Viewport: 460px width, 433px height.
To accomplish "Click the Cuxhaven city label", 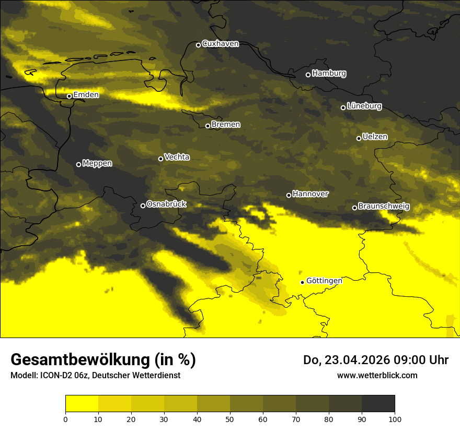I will pos(220,44).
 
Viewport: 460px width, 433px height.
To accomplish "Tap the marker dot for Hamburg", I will pos(308,75).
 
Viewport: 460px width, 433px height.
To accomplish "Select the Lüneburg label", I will pos(364,106).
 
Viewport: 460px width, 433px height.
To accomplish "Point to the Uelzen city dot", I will pos(359,138).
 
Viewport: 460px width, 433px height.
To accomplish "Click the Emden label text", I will pos(86,94).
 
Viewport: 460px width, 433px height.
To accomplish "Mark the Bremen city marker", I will pos(208,126).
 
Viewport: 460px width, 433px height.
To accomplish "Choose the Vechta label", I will pos(177,157).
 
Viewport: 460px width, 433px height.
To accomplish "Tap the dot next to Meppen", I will pos(78,164).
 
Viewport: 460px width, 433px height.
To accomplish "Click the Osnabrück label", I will pos(166,204).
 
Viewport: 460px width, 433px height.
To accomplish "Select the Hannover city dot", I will pos(289,195).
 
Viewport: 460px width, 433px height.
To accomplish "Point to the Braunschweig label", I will pos(384,206).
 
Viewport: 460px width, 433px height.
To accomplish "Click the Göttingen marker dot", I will pos(302,282).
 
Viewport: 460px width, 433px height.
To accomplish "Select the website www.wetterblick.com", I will pos(377,375).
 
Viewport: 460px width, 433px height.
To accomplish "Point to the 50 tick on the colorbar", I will pos(230,418).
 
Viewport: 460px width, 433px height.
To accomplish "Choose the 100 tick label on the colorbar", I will pos(395,418).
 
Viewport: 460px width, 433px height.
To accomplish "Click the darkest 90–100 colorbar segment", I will pos(378,404).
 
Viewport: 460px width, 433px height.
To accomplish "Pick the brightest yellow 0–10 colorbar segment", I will pos(82,404).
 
